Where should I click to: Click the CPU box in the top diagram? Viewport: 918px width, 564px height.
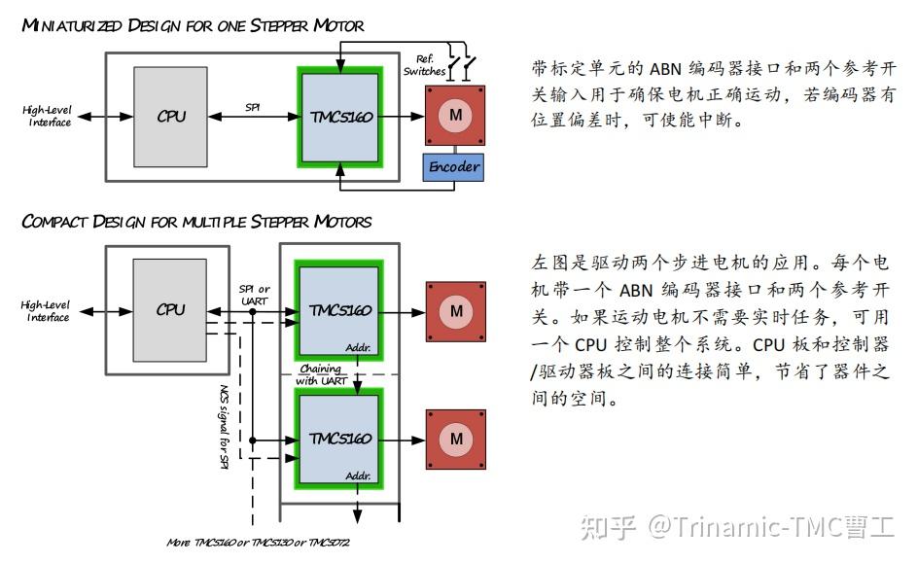click(171, 116)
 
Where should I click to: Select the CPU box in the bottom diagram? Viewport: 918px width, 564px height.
click(171, 309)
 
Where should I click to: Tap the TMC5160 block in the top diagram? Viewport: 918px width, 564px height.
click(339, 116)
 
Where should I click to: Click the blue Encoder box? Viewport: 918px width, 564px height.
click(454, 166)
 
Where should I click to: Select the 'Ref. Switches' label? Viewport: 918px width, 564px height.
click(424, 65)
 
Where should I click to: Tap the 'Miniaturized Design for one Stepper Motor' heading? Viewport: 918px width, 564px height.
click(193, 25)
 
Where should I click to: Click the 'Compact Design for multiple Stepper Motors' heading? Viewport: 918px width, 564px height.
click(196, 222)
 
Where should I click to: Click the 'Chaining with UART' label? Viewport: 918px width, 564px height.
click(320, 375)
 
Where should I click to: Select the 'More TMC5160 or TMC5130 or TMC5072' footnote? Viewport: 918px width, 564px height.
click(258, 542)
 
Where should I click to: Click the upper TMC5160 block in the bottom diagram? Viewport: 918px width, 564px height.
click(339, 310)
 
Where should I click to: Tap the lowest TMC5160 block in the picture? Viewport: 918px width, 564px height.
click(339, 439)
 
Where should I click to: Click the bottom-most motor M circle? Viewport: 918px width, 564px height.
click(455, 439)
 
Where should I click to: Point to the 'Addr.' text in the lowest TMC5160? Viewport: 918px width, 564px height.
click(358, 476)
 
